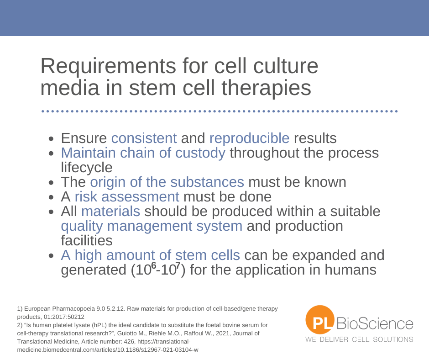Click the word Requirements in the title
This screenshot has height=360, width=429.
[108, 67]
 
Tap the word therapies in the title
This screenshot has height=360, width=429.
[266, 88]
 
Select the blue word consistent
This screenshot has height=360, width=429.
[144, 138]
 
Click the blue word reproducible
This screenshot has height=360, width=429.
[249, 138]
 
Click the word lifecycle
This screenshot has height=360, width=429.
[86, 168]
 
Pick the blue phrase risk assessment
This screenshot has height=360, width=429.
[127, 197]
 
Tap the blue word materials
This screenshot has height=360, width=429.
[111, 212]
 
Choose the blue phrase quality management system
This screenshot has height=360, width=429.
[152, 226]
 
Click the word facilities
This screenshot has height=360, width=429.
[86, 241]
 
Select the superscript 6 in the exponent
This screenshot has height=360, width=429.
[153, 265]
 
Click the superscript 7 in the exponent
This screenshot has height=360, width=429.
[178, 265]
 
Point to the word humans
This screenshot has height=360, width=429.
[351, 270]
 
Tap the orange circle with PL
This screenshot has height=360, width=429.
[320, 320]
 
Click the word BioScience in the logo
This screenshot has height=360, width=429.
[375, 323]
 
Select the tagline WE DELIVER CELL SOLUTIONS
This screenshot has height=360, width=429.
[359, 339]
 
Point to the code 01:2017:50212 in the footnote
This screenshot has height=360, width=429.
[64, 317]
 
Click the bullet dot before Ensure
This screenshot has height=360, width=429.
[51, 138]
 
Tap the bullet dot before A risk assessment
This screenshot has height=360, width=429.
[51, 197]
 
